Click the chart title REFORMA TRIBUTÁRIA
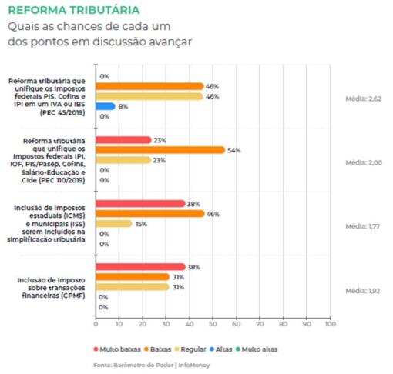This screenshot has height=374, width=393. coord(74,10)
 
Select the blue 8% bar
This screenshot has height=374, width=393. coord(106,106)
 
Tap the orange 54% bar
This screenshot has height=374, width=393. coord(160,150)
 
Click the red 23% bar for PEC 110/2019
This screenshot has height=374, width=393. coord(123,140)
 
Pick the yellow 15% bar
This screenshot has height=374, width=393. coord(114,224)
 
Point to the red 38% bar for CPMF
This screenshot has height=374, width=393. coord(140,267)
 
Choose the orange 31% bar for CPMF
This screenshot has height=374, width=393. coord(133,277)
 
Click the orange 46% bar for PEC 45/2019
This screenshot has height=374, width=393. coord(149,86)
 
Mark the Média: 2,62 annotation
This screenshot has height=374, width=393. coord(363,99)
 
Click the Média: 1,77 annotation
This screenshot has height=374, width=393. coord(362,226)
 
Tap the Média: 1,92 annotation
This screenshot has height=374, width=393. coord(362,291)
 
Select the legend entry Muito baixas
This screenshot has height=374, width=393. coord(117,349)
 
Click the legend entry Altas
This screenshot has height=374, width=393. coord(221,349)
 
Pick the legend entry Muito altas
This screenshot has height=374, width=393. coord(257,349)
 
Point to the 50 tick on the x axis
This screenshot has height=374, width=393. coord(213,324)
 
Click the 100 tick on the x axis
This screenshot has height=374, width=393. coord(331,324)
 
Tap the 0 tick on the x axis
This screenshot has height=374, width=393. coord(96,324)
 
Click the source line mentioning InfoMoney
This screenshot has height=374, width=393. coord(152,365)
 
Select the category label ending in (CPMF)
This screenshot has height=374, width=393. coord(51,288)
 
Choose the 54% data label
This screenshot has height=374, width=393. coord(234,150)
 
